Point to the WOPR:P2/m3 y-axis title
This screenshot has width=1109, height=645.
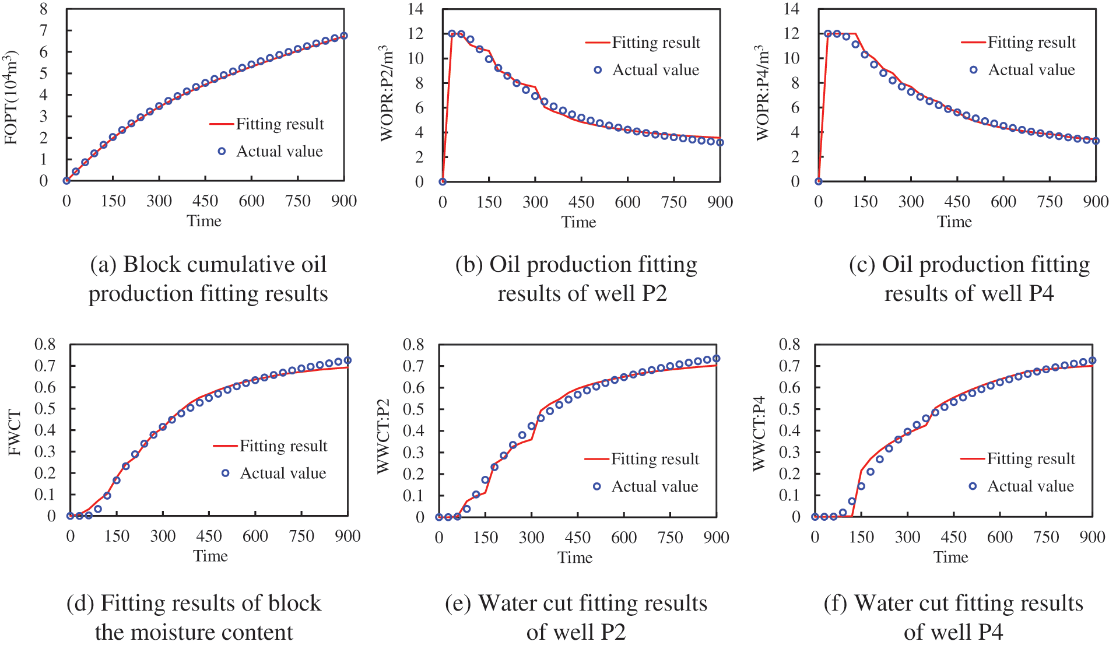coord(387,93)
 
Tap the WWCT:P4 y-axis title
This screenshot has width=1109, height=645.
coord(759,433)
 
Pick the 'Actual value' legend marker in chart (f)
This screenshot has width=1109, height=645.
coord(973,486)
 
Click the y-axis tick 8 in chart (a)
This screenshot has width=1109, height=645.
coord(44,9)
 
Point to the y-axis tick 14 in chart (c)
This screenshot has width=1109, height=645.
coord(791,9)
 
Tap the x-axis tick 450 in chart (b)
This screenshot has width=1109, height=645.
coord(581,202)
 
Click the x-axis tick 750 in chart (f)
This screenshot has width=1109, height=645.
coord(1046,537)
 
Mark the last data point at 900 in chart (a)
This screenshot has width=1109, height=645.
coord(344,36)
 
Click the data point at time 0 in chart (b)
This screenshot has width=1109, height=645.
coord(443,181)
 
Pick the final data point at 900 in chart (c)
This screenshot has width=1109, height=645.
coord(1096,141)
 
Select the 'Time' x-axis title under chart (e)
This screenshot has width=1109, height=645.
coord(575,558)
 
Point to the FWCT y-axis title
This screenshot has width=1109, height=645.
coord(15,433)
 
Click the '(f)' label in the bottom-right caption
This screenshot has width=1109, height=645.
coord(836,603)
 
